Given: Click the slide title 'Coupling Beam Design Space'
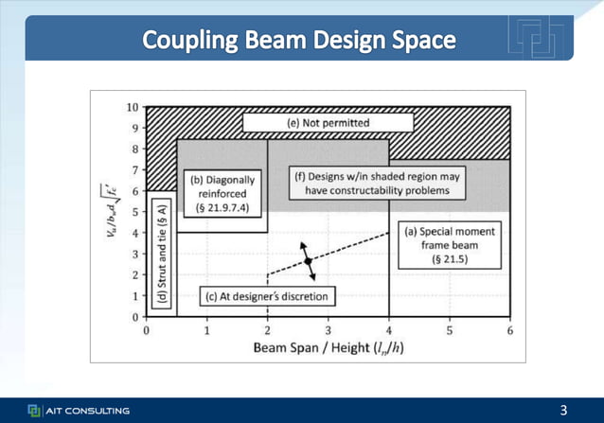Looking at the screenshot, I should pyautogui.click(x=299, y=41).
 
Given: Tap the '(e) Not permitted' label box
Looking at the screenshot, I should pyautogui.click(x=328, y=123).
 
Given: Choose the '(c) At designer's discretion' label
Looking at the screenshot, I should pyautogui.click(x=267, y=297).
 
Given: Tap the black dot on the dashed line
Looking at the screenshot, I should pyautogui.click(x=308, y=261).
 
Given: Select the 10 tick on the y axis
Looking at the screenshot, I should pyautogui.click(x=133, y=107).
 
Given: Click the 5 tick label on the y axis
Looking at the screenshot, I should pyautogui.click(x=136, y=211).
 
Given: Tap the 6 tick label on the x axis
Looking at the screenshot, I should pyautogui.click(x=510, y=330).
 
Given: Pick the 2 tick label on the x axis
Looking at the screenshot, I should pyautogui.click(x=268, y=330).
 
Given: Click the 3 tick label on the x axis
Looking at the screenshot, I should pyautogui.click(x=329, y=330).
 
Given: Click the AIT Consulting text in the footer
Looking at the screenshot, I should pyautogui.click(x=90, y=411).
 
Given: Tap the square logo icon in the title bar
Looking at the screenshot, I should pyautogui.click(x=535, y=41).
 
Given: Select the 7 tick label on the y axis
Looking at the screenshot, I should pyautogui.click(x=136, y=169).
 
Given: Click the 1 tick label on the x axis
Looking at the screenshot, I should pyautogui.click(x=207, y=330).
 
